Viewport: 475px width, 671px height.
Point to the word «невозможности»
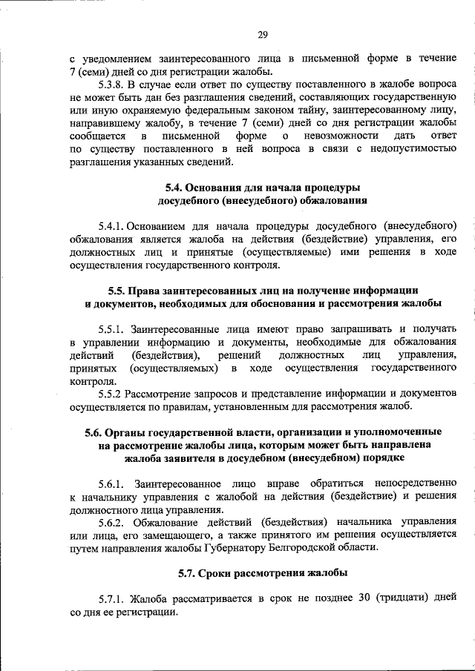[x=344, y=137]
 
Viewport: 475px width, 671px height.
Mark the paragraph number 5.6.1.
[x=114, y=483]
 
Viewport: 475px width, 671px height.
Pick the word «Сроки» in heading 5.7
[x=223, y=573]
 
